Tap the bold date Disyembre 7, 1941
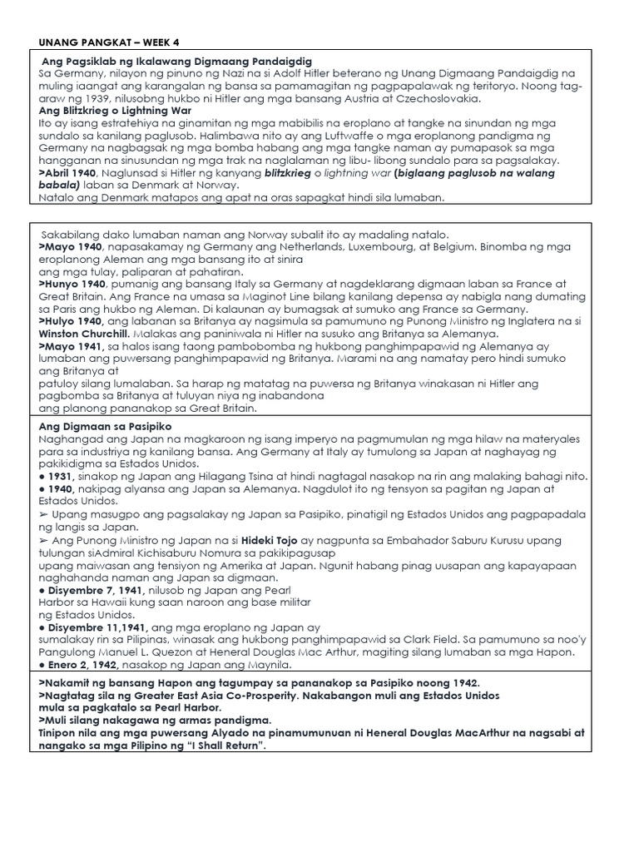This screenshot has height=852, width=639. [101, 589]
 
